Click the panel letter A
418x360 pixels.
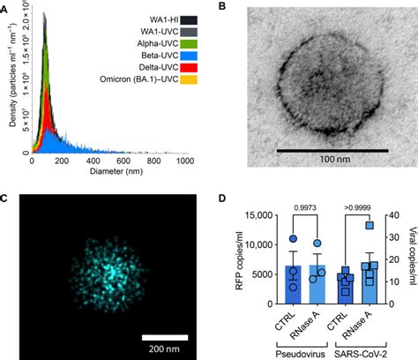pos(5,6)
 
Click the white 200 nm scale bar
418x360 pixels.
pos(166,336)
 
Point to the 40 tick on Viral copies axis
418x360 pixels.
pos(390,214)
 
